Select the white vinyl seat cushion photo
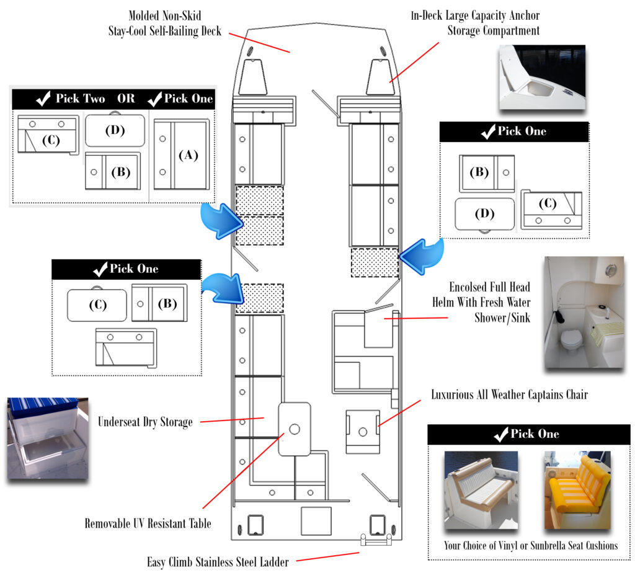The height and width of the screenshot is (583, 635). click(481, 491)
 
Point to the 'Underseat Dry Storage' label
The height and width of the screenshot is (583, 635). click(145, 422)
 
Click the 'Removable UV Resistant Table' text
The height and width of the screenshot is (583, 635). click(148, 523)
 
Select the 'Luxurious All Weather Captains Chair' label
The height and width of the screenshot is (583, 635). click(509, 394)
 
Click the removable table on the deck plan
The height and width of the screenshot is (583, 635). click(294, 429)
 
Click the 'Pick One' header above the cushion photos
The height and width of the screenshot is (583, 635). click(528, 434)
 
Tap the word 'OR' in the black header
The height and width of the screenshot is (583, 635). click(127, 99)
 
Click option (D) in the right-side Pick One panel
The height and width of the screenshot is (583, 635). click(484, 214)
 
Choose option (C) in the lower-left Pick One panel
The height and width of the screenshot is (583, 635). click(97, 305)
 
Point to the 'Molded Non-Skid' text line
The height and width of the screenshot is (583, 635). click(164, 16)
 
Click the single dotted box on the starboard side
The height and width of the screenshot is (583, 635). click(374, 262)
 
